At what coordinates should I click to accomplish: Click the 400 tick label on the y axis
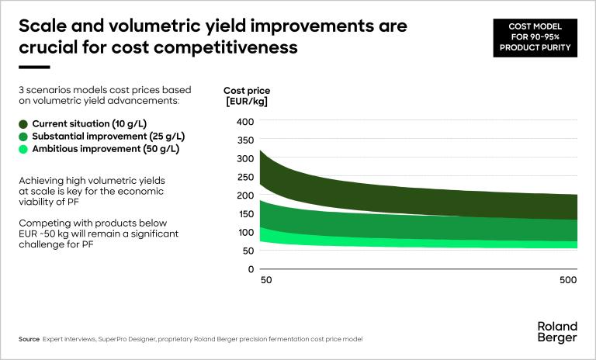pyautogui.click(x=244, y=122)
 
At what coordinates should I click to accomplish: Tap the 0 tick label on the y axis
pyautogui.click(x=251, y=269)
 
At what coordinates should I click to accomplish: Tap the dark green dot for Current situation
pyautogui.click(x=23, y=124)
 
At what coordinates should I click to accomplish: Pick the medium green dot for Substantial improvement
pyautogui.click(x=23, y=137)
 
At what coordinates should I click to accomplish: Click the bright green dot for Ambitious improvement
pyautogui.click(x=23, y=149)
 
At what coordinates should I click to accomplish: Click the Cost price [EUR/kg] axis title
pyautogui.click(x=247, y=96)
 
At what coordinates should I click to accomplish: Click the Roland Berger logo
pyautogui.click(x=557, y=332)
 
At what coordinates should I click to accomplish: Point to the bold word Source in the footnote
pyautogui.click(x=29, y=340)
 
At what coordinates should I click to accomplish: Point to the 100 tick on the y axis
pyautogui.click(x=244, y=232)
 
